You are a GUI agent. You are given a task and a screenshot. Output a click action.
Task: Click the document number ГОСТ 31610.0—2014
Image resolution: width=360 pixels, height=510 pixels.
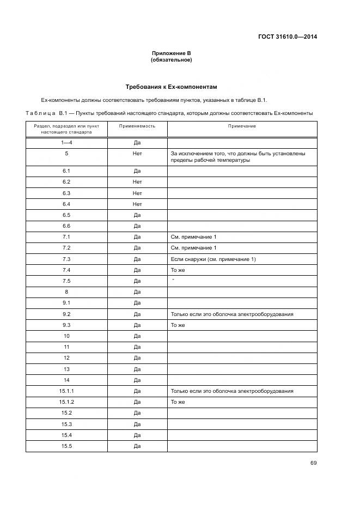point(288,37)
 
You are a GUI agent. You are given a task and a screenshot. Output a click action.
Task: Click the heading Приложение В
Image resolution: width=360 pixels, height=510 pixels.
point(171,53)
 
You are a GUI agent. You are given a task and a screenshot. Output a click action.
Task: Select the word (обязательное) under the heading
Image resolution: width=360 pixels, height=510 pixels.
point(171,60)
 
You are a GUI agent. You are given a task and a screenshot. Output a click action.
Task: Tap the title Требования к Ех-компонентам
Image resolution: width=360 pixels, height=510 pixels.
point(171,87)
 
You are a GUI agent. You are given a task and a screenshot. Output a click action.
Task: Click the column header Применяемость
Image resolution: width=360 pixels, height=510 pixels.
point(137,126)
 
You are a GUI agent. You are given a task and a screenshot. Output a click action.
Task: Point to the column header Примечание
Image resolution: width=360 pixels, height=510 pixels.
point(242,126)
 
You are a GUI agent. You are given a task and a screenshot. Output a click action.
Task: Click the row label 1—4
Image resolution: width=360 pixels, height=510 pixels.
point(66,143)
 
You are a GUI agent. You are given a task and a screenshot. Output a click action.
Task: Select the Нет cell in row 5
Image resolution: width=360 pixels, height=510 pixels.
point(137,154)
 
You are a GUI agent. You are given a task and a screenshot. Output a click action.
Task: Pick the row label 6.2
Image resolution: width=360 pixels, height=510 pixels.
point(66,182)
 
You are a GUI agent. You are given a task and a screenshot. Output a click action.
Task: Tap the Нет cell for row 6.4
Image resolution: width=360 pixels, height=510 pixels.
point(137,204)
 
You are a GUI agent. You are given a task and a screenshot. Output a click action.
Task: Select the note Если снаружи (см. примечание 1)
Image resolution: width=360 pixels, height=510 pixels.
point(213,259)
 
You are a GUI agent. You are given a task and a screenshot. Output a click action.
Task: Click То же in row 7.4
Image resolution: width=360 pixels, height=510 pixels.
point(178,270)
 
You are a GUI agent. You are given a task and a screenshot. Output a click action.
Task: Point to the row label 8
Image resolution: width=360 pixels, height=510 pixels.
point(66,292)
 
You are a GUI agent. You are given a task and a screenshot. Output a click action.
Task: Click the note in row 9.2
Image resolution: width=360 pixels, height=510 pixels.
point(232,314)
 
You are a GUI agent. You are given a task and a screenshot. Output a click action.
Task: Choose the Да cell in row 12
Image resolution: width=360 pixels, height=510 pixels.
point(137,358)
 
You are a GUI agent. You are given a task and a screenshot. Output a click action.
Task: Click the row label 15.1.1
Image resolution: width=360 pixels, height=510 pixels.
point(66,391)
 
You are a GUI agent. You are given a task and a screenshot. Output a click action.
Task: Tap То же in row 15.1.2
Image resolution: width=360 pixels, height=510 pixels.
point(178,402)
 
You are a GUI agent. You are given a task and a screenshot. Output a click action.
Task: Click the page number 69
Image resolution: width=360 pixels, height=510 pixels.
point(314,463)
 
